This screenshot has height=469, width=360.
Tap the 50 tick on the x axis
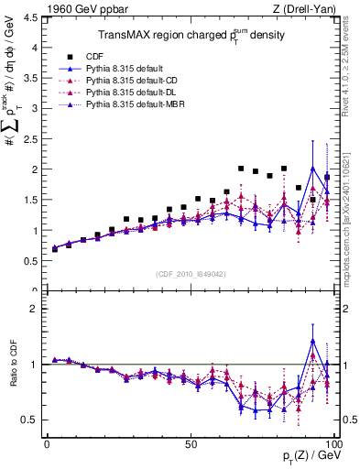[191, 443]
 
